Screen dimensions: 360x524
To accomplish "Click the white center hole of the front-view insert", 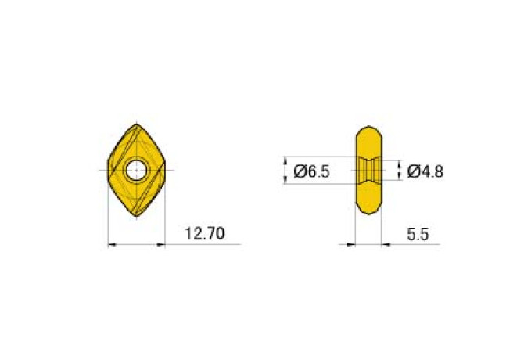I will pyautogui.click(x=136, y=169).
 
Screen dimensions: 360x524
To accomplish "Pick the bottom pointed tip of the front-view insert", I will pyautogui.click(x=136, y=217).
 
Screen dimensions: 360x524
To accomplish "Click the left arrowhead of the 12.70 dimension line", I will pyautogui.click(x=111, y=245).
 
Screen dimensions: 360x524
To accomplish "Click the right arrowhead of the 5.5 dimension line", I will pyautogui.click(x=386, y=245).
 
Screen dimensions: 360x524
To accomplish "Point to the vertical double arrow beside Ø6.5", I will pyautogui.click(x=285, y=170).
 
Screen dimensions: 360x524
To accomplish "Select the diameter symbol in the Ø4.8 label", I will pyautogui.click(x=414, y=171).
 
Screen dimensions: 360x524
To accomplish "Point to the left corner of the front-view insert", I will pyautogui.click(x=108, y=170).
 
